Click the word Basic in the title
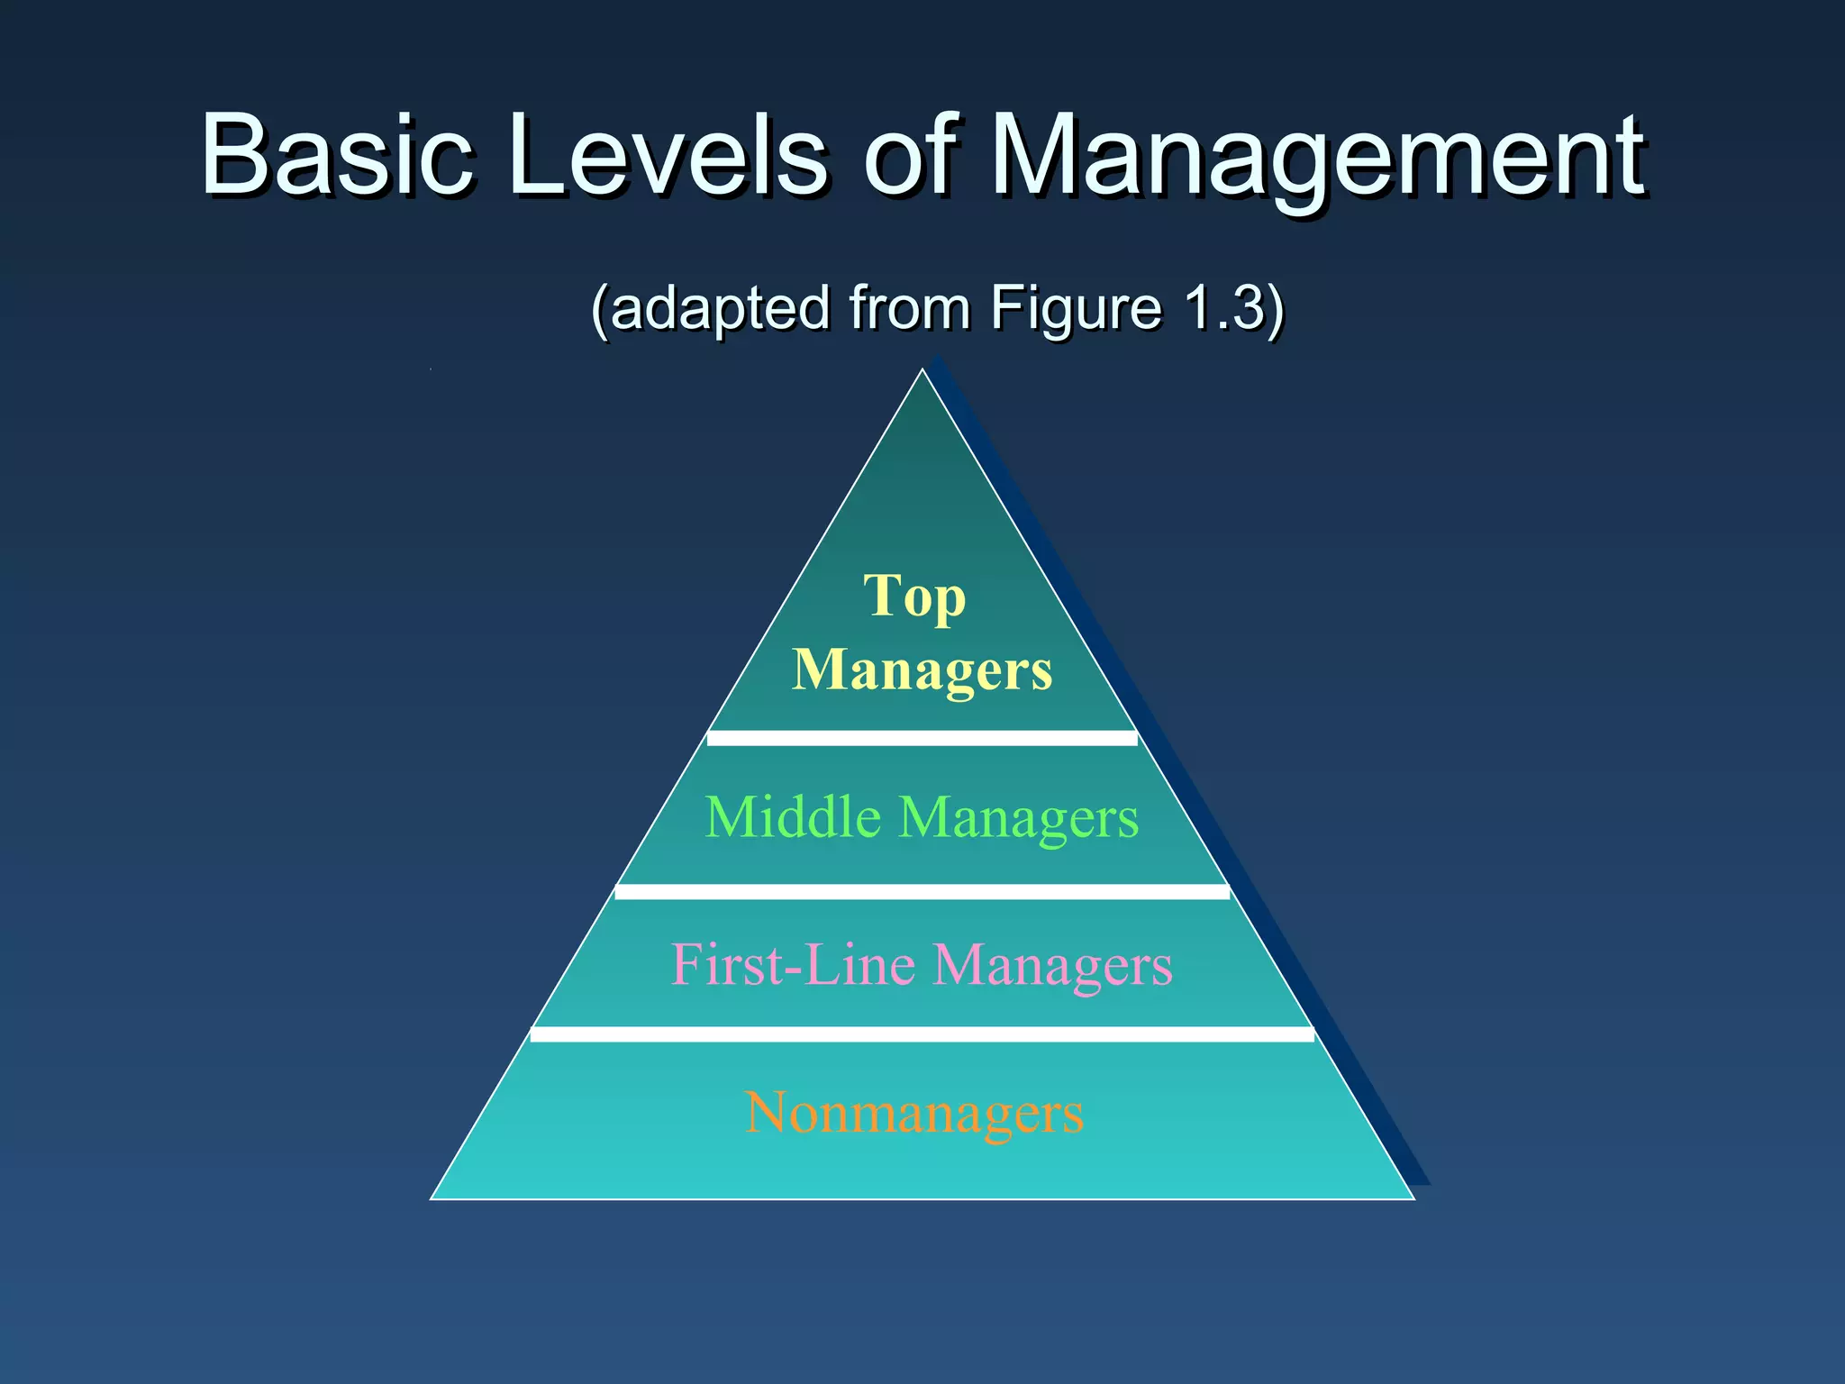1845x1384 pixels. [x=336, y=155]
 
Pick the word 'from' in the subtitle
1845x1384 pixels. [x=910, y=308]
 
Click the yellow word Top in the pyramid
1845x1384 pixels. [x=914, y=597]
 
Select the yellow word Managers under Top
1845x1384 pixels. [x=922, y=670]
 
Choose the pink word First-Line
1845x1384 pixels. [x=793, y=965]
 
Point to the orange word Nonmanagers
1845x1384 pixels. [x=914, y=1114]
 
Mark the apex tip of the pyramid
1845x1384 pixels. [x=922, y=371]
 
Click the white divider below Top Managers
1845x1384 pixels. [x=922, y=738]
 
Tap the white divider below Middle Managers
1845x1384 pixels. [x=922, y=891]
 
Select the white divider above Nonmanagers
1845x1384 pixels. [x=922, y=1033]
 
